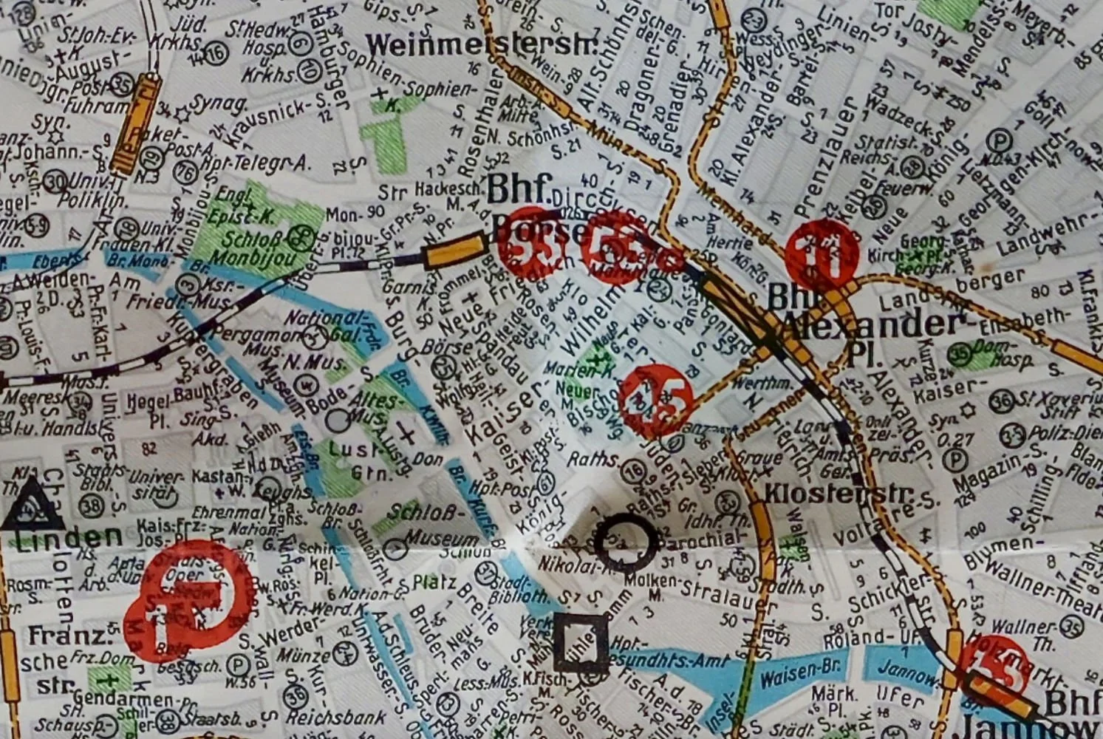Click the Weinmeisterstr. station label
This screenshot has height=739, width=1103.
(482, 45)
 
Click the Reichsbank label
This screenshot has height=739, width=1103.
(336, 718)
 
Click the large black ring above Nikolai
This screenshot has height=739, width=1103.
(626, 542)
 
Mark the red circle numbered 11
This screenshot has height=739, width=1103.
(822, 255)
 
